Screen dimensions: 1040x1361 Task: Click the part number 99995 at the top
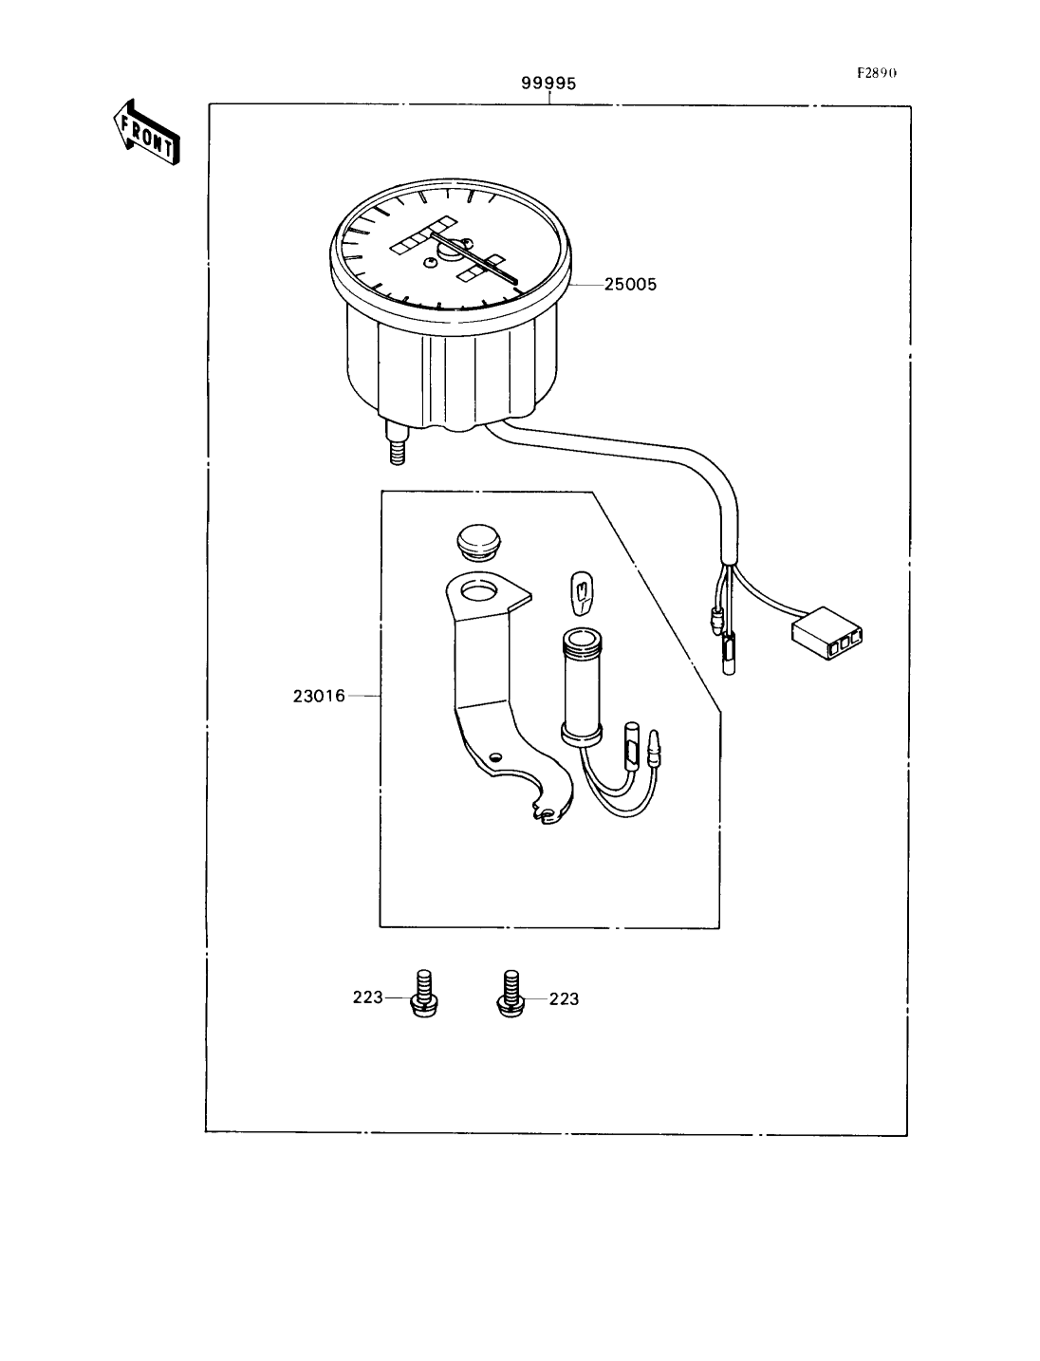(x=548, y=83)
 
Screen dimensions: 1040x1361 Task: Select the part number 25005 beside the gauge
(x=630, y=285)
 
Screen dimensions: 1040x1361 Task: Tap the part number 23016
(x=319, y=697)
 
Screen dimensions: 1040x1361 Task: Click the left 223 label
(x=367, y=997)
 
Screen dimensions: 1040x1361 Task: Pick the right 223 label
(x=564, y=998)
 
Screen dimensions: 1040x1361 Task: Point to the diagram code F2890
(x=877, y=73)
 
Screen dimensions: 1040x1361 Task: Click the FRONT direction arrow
(x=147, y=133)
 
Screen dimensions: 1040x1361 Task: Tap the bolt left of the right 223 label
(x=511, y=994)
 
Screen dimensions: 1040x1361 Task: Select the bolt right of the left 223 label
(x=424, y=994)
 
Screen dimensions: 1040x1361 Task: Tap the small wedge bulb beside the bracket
(x=581, y=593)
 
